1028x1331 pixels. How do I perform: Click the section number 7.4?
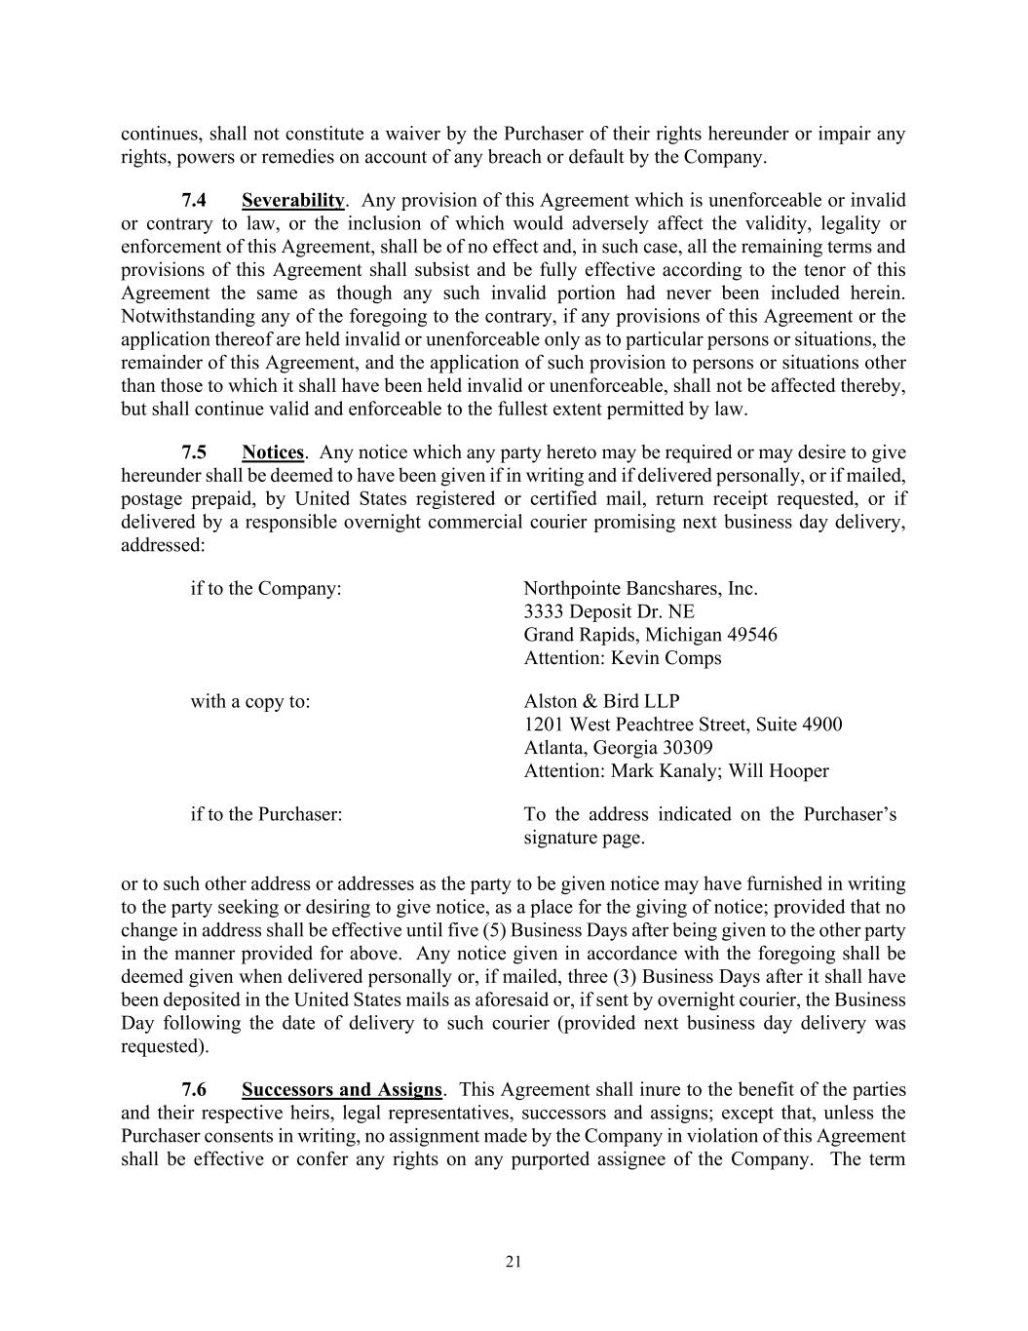(x=194, y=201)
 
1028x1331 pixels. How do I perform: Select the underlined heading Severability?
(x=292, y=201)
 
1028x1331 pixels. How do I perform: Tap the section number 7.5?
(x=194, y=452)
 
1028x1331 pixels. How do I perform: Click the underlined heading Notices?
(x=273, y=452)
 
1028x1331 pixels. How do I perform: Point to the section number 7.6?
(x=194, y=1090)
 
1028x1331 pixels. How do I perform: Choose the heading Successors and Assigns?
(x=341, y=1090)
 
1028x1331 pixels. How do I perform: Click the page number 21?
(x=514, y=1263)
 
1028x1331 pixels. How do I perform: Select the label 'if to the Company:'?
(x=266, y=589)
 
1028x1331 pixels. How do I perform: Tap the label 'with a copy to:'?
(x=250, y=702)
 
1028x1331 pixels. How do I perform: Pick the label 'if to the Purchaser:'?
(x=266, y=814)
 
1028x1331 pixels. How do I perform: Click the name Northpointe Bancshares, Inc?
(x=640, y=589)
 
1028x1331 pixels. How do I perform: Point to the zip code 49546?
(x=752, y=636)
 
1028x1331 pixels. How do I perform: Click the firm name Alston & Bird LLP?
(x=601, y=702)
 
